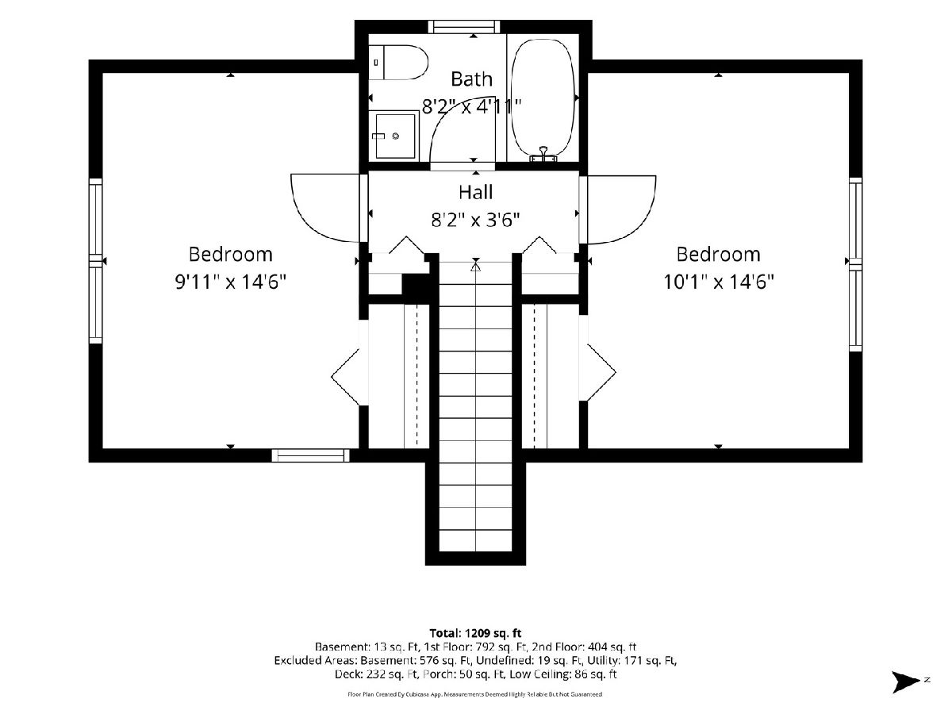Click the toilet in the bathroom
click(x=398, y=63)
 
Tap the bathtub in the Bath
click(x=544, y=99)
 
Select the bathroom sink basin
click(x=394, y=136)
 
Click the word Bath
click(x=471, y=79)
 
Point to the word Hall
click(x=476, y=192)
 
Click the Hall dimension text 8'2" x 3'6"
click(x=476, y=220)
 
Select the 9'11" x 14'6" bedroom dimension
click(x=231, y=282)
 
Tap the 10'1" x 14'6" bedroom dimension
click(x=719, y=282)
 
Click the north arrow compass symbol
click(x=905, y=682)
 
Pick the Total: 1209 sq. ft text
click(x=475, y=633)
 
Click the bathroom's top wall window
click(x=464, y=26)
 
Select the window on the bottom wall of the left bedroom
click(x=310, y=455)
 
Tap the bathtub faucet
click(x=543, y=155)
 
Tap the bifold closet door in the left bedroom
click(x=346, y=377)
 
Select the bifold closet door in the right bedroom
click(x=601, y=372)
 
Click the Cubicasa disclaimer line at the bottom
click(x=475, y=694)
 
